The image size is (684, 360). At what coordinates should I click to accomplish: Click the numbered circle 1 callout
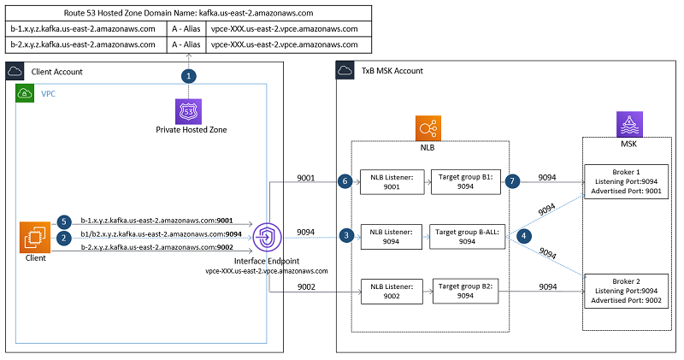click(187, 75)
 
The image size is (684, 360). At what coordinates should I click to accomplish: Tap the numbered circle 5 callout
click(63, 221)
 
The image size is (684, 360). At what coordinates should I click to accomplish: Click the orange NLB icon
click(428, 129)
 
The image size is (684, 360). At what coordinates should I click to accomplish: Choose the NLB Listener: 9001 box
click(389, 181)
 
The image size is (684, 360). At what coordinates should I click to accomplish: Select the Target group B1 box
click(467, 181)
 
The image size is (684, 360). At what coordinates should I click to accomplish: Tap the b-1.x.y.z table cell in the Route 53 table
click(83, 28)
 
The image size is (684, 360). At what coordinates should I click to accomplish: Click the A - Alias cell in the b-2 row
click(187, 44)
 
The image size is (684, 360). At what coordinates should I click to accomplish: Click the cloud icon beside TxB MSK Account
click(345, 70)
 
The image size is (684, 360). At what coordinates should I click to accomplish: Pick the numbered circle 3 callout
click(345, 234)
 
